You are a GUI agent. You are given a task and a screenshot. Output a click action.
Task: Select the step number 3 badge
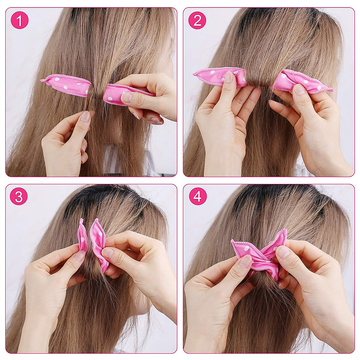coord(19,196)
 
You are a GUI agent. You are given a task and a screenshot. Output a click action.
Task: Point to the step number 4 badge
coord(197,196)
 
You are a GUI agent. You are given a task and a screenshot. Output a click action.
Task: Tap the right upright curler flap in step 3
coord(97,240)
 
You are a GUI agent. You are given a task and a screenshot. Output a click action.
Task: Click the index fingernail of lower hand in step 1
coord(86,116)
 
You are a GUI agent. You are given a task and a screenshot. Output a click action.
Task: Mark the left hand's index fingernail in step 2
coord(229,77)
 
